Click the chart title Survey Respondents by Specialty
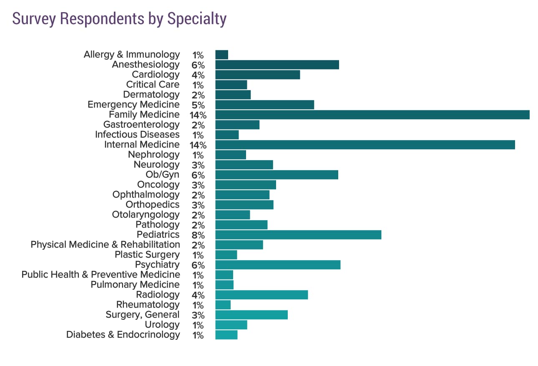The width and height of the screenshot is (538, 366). point(119,19)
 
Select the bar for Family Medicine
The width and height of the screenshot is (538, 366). point(372,115)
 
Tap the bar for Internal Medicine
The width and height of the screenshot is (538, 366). point(365,145)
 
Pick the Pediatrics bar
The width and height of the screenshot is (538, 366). point(298,235)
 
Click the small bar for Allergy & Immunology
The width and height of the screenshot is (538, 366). point(221,55)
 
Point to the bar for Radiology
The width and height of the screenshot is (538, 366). point(261,295)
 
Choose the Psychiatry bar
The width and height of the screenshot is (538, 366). point(278,265)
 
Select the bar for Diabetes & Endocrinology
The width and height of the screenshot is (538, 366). point(226,335)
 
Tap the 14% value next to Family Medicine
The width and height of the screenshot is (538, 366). point(198,115)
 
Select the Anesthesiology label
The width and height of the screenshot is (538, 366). point(146,65)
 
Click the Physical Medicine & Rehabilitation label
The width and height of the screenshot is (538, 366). point(105,245)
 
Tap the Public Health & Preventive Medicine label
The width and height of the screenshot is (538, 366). point(101,275)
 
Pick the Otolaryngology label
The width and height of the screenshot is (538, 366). point(146,215)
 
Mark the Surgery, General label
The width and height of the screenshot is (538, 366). point(143,315)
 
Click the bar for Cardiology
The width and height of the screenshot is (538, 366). point(257,75)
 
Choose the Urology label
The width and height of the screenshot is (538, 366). point(162,325)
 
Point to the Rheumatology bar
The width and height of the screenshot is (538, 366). point(223,305)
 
